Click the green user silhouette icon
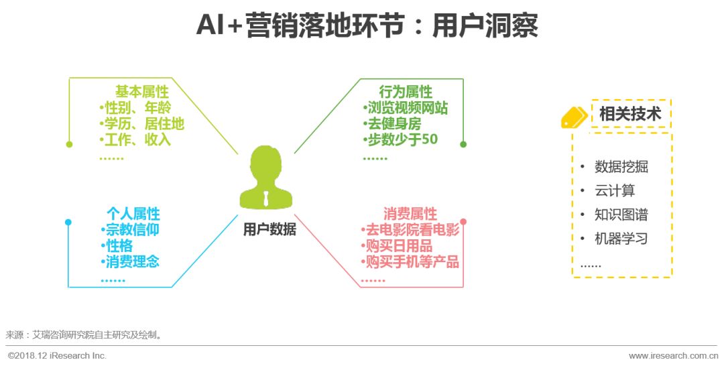[267, 179]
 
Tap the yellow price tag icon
[574, 117]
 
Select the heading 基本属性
[141, 92]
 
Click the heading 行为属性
[406, 92]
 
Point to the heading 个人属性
[133, 214]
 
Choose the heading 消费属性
[410, 214]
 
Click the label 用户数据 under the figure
[269, 229]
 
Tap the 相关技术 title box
[629, 113]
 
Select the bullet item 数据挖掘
[621, 167]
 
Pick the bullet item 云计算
[614, 190]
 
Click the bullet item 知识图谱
[621, 214]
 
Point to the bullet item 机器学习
[621, 239]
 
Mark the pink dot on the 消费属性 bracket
[463, 222]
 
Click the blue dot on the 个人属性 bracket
[68, 222]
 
